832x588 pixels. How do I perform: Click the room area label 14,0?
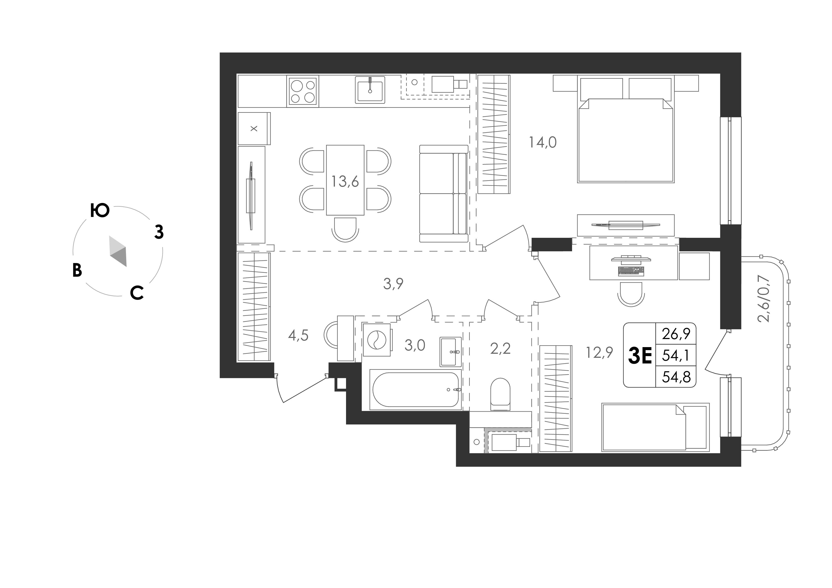point(542,142)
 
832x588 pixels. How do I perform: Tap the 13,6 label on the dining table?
point(345,181)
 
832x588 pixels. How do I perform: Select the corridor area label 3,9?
point(393,284)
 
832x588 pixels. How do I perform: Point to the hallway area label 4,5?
point(298,335)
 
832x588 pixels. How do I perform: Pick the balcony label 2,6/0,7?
point(763,299)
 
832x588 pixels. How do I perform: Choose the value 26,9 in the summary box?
point(676,334)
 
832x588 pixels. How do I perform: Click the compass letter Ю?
point(100,211)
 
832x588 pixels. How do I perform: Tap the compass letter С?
point(137,293)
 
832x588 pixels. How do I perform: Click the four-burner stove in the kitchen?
point(303,91)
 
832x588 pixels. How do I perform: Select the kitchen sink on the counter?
point(370,90)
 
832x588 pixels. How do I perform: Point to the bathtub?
point(415,390)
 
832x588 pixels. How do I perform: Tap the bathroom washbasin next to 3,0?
point(450,351)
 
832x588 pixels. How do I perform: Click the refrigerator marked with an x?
point(254,129)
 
